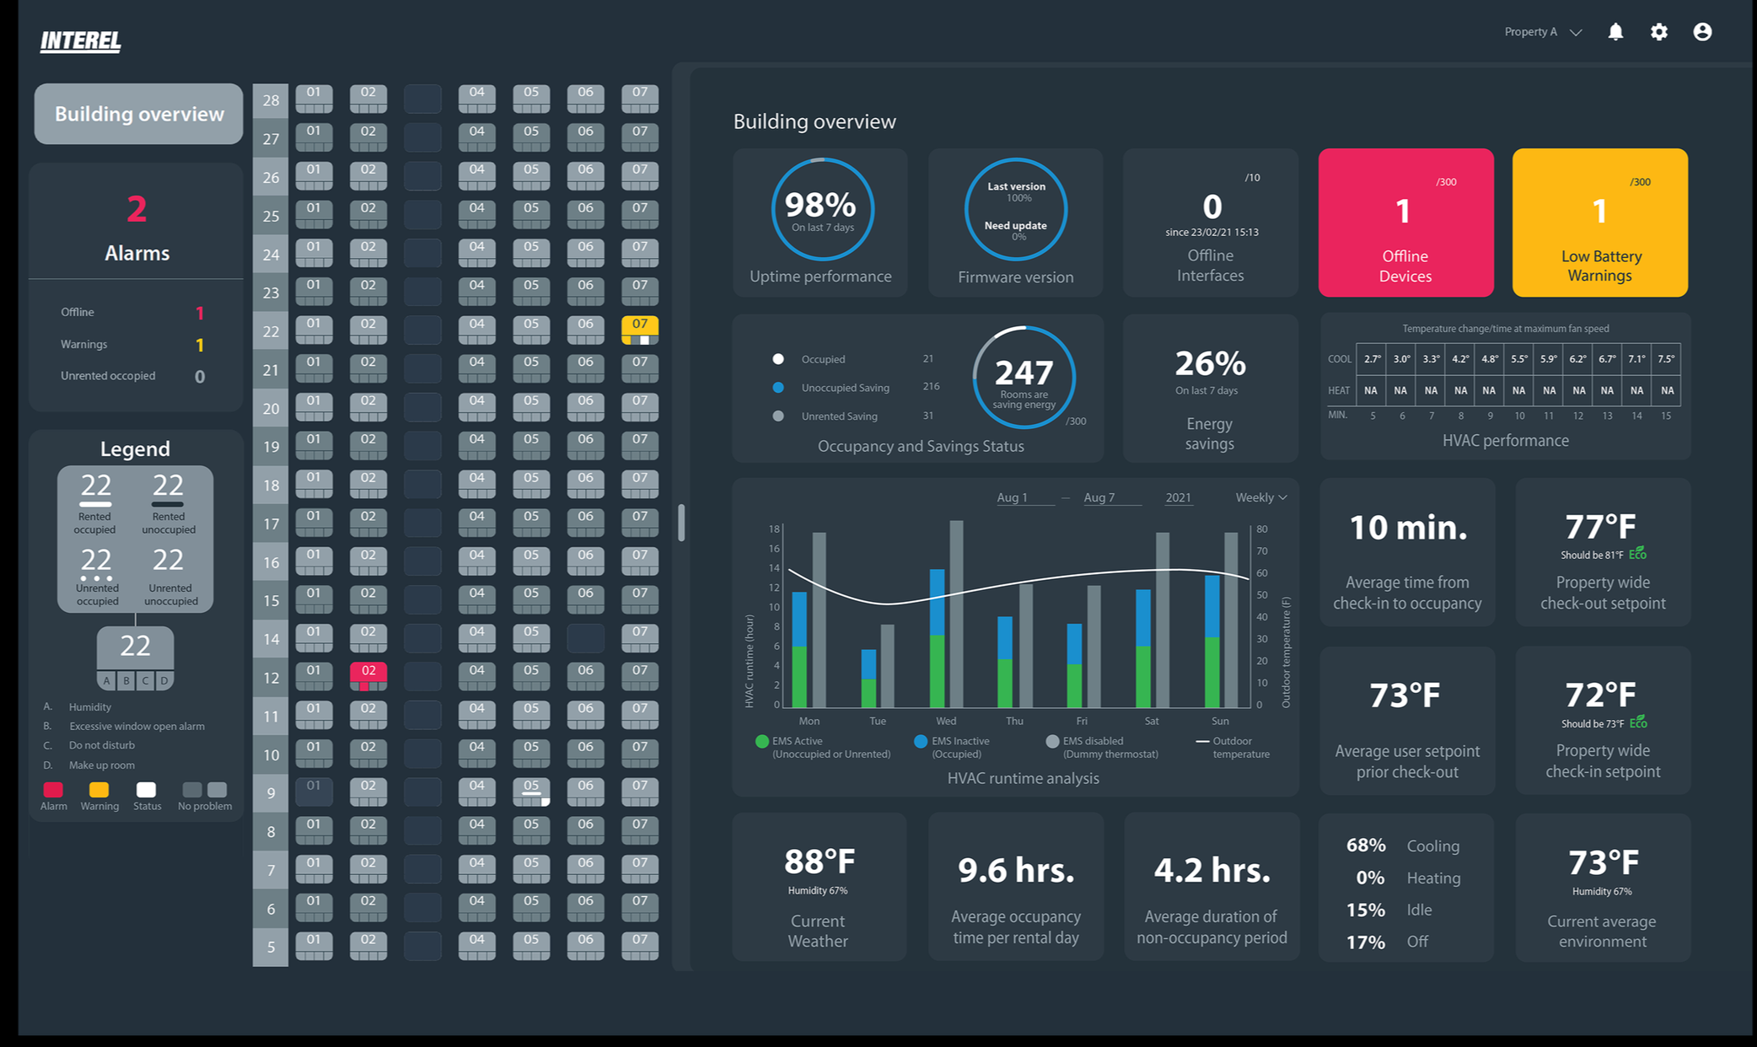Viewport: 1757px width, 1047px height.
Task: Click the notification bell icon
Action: (1615, 32)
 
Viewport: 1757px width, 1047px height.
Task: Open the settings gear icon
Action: (1659, 32)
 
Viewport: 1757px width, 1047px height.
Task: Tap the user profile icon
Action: (1702, 32)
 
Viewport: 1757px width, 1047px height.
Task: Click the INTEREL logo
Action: (81, 40)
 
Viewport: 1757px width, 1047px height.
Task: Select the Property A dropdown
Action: (1543, 32)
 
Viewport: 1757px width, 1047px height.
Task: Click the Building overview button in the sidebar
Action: (139, 114)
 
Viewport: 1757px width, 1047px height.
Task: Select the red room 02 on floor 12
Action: (368, 676)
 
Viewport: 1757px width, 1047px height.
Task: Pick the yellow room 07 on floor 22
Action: (640, 330)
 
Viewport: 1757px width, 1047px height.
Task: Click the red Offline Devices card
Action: (1405, 223)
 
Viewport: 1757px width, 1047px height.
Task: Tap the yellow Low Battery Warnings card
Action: (1599, 223)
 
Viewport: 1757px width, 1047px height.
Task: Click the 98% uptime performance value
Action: (820, 205)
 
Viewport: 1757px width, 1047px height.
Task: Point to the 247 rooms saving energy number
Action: (1024, 372)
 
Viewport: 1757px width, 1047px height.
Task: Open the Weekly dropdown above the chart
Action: (1260, 497)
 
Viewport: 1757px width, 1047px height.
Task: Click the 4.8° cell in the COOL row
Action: (1490, 358)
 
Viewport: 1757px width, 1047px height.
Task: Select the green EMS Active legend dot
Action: (762, 741)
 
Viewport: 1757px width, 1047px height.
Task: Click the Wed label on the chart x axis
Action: (946, 721)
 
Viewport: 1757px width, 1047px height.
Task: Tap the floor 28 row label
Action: (271, 101)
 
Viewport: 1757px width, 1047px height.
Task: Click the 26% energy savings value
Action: (1210, 363)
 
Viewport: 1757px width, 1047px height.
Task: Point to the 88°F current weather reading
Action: (819, 862)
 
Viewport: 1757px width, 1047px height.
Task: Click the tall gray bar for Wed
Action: (956, 614)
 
